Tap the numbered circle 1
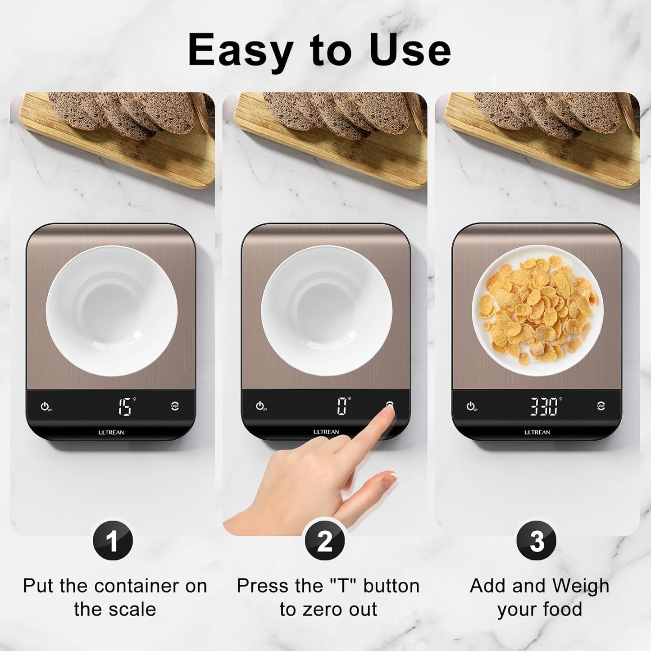(113, 541)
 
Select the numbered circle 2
(325, 541)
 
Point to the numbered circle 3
(537, 541)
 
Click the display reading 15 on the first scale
(124, 406)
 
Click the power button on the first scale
(45, 406)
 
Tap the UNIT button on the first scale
(175, 406)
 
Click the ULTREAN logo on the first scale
(111, 432)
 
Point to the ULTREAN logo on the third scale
(537, 432)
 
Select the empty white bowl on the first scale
(112, 311)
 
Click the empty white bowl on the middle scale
(327, 311)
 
